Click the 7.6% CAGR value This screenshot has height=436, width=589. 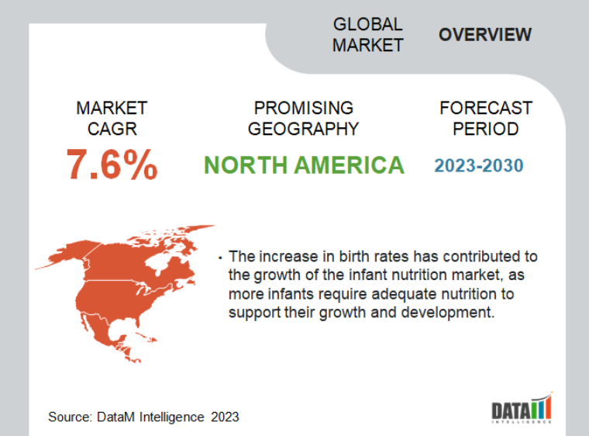(x=112, y=164)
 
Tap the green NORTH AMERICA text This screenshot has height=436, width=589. (x=304, y=165)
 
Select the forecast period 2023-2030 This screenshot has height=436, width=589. (x=479, y=165)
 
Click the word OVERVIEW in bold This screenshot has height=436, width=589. (x=485, y=35)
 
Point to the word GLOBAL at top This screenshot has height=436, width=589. (x=368, y=25)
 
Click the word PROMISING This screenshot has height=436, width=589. (x=304, y=108)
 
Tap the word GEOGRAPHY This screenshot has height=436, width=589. (x=304, y=129)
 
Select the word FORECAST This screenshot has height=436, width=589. (x=486, y=108)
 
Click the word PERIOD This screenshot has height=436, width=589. (x=486, y=129)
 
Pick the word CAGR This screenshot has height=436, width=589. (x=112, y=129)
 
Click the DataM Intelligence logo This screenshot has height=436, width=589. (x=522, y=407)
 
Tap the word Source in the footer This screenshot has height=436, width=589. (x=69, y=417)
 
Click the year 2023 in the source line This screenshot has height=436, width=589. (x=225, y=417)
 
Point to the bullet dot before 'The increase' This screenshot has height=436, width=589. (x=220, y=258)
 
